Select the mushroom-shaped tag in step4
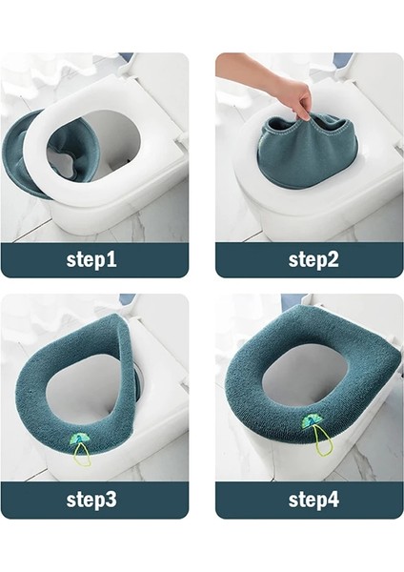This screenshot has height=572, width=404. coord(312,423)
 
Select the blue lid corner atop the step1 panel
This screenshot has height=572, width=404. coord(126,58)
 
